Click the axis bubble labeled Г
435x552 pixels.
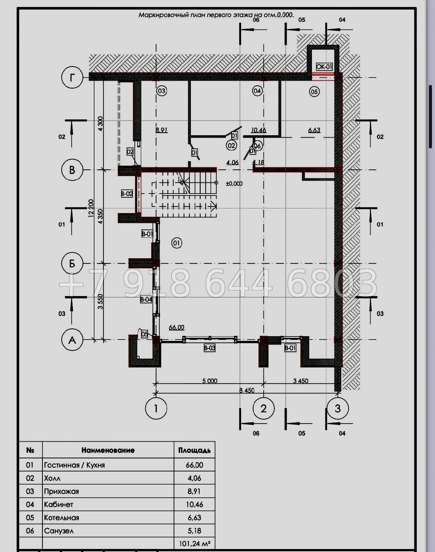[x=72, y=77]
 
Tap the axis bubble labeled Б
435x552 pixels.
[x=72, y=263]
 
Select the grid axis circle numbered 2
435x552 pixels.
[x=263, y=409]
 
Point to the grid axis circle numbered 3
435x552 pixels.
[x=338, y=409]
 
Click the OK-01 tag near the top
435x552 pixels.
[x=324, y=67]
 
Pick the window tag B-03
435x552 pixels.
[x=209, y=348]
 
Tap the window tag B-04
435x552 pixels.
[x=146, y=299]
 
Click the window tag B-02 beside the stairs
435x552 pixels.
[x=127, y=194]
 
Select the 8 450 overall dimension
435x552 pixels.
[x=247, y=390]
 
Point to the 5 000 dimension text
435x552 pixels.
[x=209, y=381]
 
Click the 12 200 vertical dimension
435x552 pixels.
[x=91, y=208]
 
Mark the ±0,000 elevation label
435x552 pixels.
[x=234, y=184]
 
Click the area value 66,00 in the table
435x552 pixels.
[x=195, y=465]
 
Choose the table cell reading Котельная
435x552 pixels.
[x=62, y=518]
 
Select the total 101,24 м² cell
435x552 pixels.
[x=195, y=544]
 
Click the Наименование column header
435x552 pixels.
[x=108, y=450]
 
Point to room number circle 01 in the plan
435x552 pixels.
[x=176, y=243]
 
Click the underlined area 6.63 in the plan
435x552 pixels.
[x=314, y=130]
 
